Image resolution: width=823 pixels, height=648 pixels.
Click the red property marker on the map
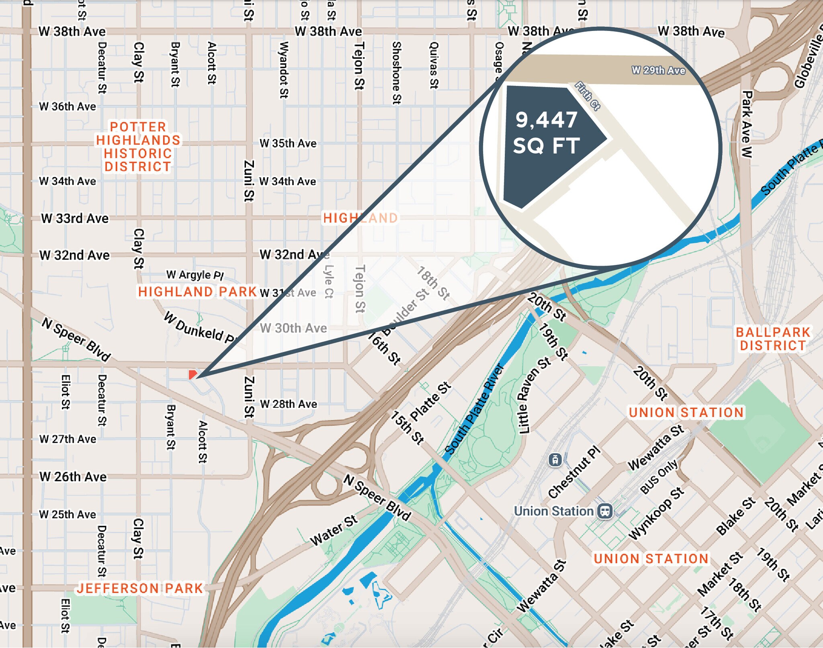(x=192, y=374)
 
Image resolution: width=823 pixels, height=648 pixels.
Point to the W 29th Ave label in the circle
(x=658, y=70)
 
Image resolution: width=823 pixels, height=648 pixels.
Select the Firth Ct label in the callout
(x=587, y=96)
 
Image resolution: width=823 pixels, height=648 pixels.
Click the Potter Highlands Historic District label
(x=138, y=147)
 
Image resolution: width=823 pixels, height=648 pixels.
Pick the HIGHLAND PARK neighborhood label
(x=197, y=292)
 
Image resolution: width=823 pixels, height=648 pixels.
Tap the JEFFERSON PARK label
(x=140, y=588)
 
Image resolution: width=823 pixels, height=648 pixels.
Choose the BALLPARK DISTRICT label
(x=773, y=339)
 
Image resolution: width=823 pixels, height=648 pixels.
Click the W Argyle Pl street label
(x=195, y=275)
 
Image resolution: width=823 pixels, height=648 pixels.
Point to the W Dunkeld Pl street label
(x=199, y=328)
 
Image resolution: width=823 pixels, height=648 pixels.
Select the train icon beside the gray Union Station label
(x=605, y=511)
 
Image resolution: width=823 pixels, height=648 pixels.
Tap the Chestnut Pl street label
(x=574, y=472)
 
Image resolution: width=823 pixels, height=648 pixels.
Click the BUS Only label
(x=659, y=477)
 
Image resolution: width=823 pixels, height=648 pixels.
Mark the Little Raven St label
(x=534, y=396)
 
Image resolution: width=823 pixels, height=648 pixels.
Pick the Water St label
(x=334, y=530)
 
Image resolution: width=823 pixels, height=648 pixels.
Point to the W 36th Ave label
(x=68, y=106)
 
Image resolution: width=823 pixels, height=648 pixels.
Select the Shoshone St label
(x=397, y=73)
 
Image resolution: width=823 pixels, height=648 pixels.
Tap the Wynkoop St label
(x=656, y=513)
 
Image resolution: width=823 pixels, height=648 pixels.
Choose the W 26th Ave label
(x=73, y=477)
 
